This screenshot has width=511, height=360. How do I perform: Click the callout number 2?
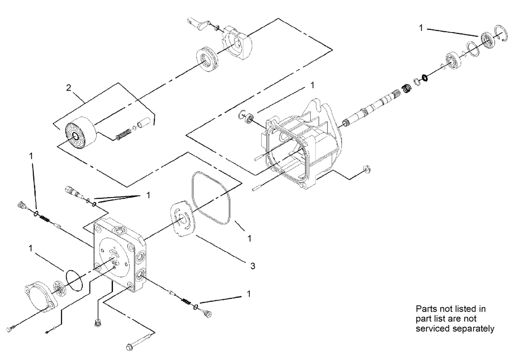tap(69, 87)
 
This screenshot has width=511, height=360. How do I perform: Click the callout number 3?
tap(253, 266)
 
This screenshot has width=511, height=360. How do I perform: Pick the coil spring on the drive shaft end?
tap(405, 88)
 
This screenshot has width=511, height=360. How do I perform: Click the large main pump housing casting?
tap(303, 145)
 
